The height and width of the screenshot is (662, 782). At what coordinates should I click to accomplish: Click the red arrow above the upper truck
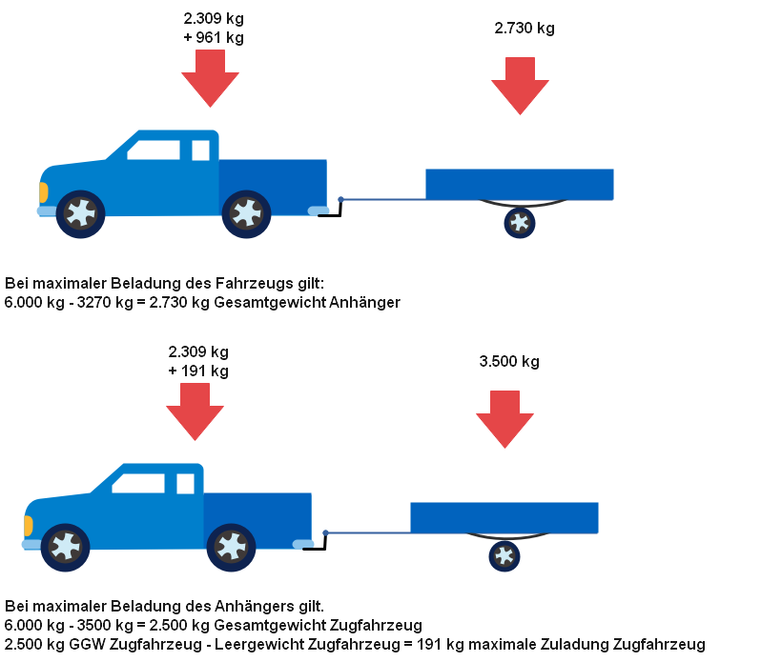(211, 78)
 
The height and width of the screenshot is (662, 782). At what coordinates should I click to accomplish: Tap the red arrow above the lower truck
(195, 412)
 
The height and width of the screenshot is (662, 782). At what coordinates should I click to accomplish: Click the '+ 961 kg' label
(214, 38)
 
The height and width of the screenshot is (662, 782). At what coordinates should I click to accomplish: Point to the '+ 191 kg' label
(198, 371)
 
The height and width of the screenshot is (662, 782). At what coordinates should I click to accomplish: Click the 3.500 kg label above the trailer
(509, 362)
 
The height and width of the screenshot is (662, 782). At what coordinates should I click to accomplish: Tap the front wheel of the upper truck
(81, 213)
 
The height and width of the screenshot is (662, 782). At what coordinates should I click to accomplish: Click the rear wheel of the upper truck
(246, 213)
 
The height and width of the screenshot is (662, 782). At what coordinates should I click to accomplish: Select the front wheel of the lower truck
(66, 547)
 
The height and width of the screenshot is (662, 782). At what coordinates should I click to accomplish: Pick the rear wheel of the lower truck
(231, 547)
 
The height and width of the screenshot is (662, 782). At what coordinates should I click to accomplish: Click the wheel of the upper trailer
(520, 223)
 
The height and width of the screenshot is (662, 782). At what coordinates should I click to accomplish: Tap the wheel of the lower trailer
(504, 555)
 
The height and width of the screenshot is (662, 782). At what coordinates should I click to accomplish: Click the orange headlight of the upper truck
(43, 192)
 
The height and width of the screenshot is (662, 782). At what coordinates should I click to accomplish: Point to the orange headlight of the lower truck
(28, 526)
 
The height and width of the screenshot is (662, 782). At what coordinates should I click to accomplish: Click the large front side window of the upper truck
(154, 150)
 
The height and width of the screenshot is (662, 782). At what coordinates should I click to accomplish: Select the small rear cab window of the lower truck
(185, 484)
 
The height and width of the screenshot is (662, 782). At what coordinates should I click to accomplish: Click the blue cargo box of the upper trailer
(520, 184)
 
